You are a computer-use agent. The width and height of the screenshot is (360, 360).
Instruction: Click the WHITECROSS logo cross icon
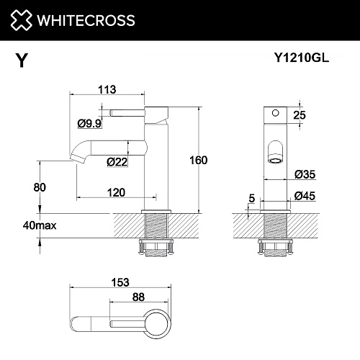pyautogui.click(x=21, y=20)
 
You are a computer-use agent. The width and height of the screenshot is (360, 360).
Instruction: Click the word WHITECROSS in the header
pyautogui.click(x=86, y=20)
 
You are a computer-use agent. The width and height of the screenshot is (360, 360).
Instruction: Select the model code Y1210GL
pyautogui.click(x=302, y=58)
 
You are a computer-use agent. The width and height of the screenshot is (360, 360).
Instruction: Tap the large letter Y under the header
pyautogui.click(x=22, y=60)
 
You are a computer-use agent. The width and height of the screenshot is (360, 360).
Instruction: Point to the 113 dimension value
pyautogui.click(x=107, y=89)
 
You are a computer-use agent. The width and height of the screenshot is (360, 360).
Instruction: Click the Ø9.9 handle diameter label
pyautogui.click(x=89, y=124)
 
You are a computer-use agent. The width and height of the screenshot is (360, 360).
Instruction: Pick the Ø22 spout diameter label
pyautogui.click(x=117, y=162)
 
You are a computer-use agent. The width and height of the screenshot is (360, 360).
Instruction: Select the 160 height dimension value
pyautogui.click(x=199, y=161)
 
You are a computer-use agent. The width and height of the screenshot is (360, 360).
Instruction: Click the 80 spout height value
pyautogui.click(x=40, y=187)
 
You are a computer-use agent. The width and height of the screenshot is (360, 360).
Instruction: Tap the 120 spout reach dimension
pyautogui.click(x=116, y=193)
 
